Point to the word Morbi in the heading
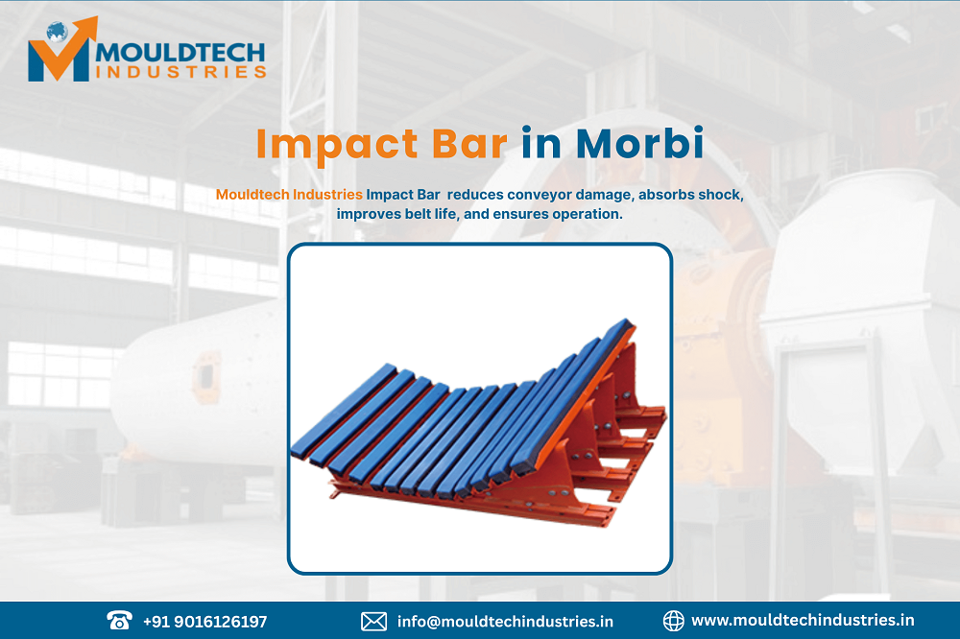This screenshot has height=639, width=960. (639, 144)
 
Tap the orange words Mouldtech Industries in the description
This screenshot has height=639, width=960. (289, 195)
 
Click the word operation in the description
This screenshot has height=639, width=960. (588, 214)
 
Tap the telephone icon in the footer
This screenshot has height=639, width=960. (120, 621)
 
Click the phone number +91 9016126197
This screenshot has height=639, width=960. (204, 622)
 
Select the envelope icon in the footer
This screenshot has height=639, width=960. (373, 622)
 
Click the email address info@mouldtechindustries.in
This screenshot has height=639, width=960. (505, 622)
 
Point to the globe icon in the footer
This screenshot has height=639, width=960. (673, 621)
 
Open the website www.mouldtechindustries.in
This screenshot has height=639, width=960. (803, 621)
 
